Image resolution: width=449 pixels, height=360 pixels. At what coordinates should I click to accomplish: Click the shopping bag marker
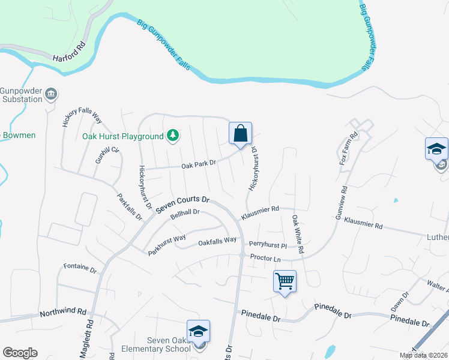click(240, 134)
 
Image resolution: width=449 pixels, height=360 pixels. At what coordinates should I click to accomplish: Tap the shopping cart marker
click(285, 281)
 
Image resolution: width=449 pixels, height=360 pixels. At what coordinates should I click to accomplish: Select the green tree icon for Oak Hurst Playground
click(173, 136)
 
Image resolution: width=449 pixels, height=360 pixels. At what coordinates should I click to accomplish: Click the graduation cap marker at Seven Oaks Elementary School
click(198, 332)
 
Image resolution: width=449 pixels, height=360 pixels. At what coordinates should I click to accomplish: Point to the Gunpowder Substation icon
click(52, 94)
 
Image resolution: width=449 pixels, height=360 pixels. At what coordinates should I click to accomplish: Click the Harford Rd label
click(71, 53)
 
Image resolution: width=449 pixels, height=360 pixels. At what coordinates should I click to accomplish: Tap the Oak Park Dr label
click(199, 163)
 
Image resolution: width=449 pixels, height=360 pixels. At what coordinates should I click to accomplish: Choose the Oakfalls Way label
click(217, 242)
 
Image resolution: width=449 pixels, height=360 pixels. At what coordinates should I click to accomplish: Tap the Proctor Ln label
click(265, 259)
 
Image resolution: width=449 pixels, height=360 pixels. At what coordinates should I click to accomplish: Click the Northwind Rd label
click(64, 313)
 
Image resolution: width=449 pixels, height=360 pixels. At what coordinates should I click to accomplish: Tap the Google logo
click(20, 353)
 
